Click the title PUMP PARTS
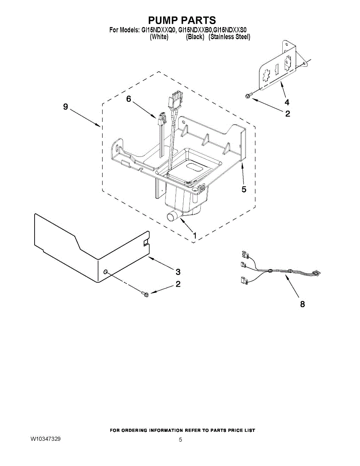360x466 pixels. (182, 20)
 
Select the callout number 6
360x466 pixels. (129, 99)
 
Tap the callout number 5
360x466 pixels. (243, 190)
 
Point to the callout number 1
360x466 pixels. (194, 236)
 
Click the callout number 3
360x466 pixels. (178, 271)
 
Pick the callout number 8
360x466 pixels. (302, 304)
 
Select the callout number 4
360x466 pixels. (287, 103)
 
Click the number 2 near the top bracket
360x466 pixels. (288, 114)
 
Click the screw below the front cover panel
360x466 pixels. (145, 295)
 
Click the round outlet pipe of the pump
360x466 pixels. (172, 217)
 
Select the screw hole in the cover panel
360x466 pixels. (105, 273)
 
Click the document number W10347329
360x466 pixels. (45, 438)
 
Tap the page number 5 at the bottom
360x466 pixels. (181, 440)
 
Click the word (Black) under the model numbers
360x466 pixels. (195, 37)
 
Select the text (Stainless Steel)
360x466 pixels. (229, 37)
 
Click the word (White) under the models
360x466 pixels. (159, 37)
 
